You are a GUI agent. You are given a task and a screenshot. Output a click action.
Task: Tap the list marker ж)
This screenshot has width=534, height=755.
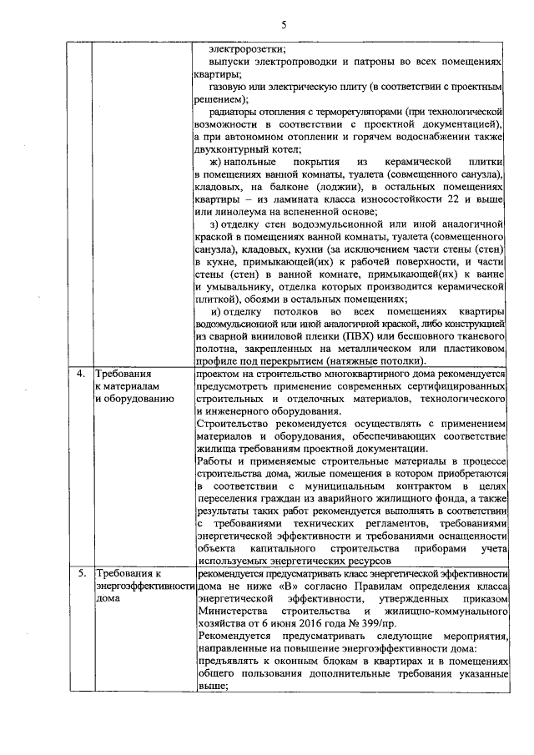click(216, 161)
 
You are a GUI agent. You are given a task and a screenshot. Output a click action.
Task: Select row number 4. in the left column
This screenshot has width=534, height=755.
click(81, 374)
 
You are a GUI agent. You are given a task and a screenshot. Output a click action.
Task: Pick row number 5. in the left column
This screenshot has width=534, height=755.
click(81, 574)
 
